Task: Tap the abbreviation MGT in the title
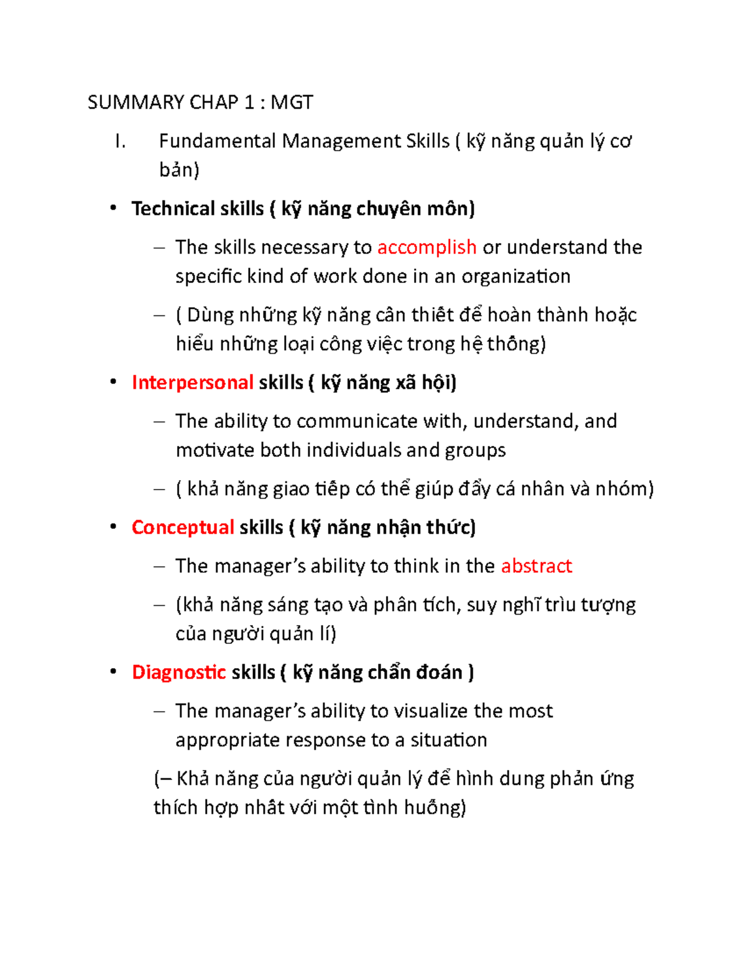pyautogui.click(x=292, y=102)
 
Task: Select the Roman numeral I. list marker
pyautogui.click(x=121, y=142)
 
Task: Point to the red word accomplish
pyautogui.click(x=426, y=248)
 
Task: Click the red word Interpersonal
pyautogui.click(x=192, y=383)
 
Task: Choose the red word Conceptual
pyautogui.click(x=183, y=527)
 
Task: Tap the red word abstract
pyautogui.click(x=536, y=566)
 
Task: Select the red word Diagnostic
pyautogui.click(x=178, y=672)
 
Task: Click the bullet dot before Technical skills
pyautogui.click(x=113, y=208)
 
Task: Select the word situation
pyautogui.click(x=448, y=740)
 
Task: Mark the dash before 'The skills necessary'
pyautogui.click(x=159, y=248)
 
